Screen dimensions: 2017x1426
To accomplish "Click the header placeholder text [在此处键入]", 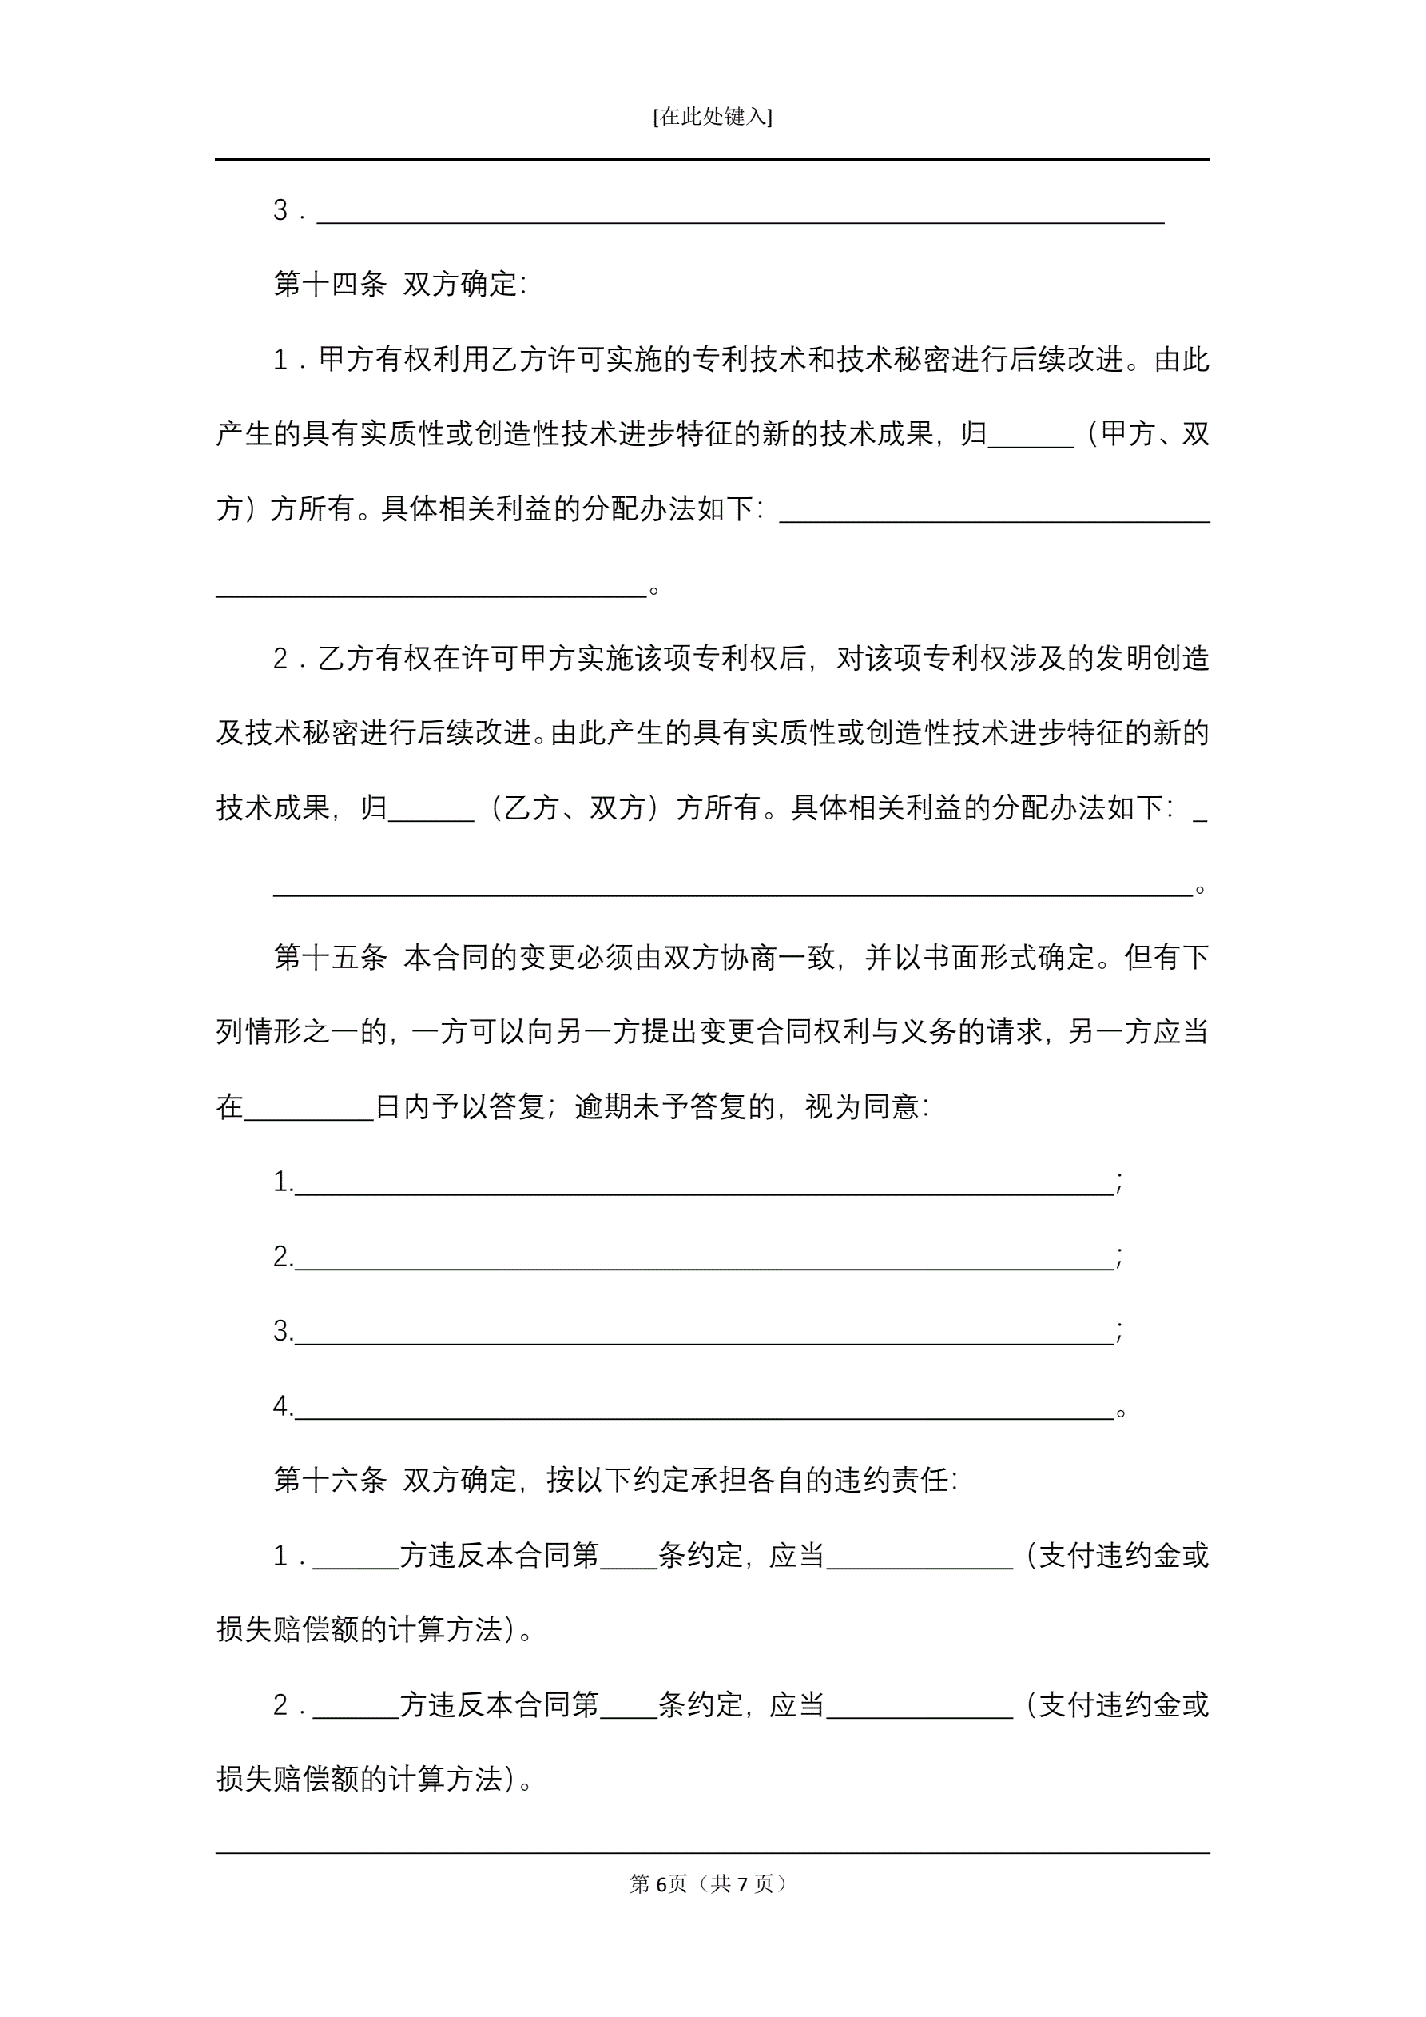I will click(x=712, y=117).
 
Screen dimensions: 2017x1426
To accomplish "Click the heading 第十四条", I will click(x=329, y=284).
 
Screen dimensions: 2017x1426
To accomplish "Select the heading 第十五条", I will click(x=329, y=957).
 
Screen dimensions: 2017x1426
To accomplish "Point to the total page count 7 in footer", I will click(x=743, y=1883).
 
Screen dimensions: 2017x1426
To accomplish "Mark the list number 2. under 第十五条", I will click(x=283, y=1257).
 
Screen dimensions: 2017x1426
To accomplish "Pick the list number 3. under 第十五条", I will click(x=283, y=1332).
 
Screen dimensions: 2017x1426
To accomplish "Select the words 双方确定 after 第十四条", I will click(x=460, y=284).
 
